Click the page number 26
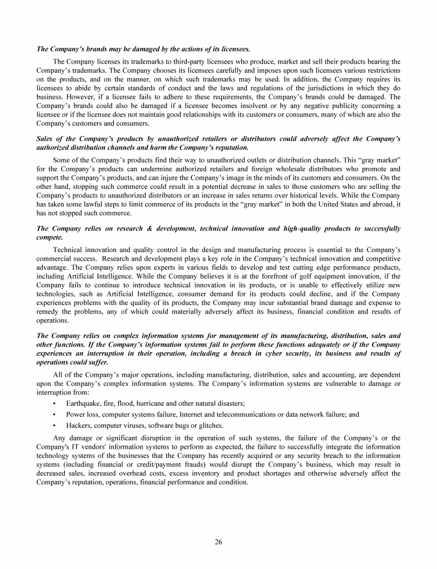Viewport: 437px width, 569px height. (218, 541)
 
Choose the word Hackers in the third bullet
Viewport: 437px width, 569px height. (80, 425)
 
